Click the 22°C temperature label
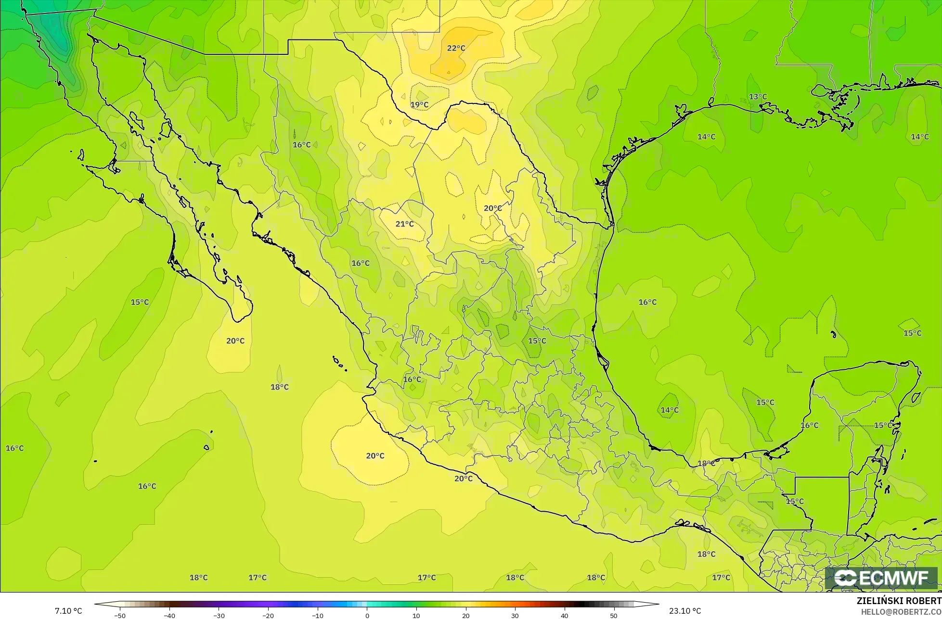tap(456, 48)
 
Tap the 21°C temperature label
tap(404, 224)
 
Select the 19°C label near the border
tap(419, 105)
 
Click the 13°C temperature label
tap(758, 97)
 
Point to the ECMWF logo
tap(881, 578)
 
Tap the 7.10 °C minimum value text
tap(68, 611)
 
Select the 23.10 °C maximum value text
tap(684, 611)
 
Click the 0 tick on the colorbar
tap(367, 616)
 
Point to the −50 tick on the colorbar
tap(119, 616)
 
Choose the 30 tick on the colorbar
tap(515, 616)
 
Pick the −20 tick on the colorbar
tap(268, 616)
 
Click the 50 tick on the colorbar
tap(613, 616)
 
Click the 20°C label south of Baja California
tap(235, 341)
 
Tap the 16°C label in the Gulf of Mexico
tap(647, 303)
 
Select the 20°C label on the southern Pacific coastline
tap(463, 479)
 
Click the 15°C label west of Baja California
tap(140, 303)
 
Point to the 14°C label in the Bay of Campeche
tap(670, 410)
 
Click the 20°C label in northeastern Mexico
tap(492, 208)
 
